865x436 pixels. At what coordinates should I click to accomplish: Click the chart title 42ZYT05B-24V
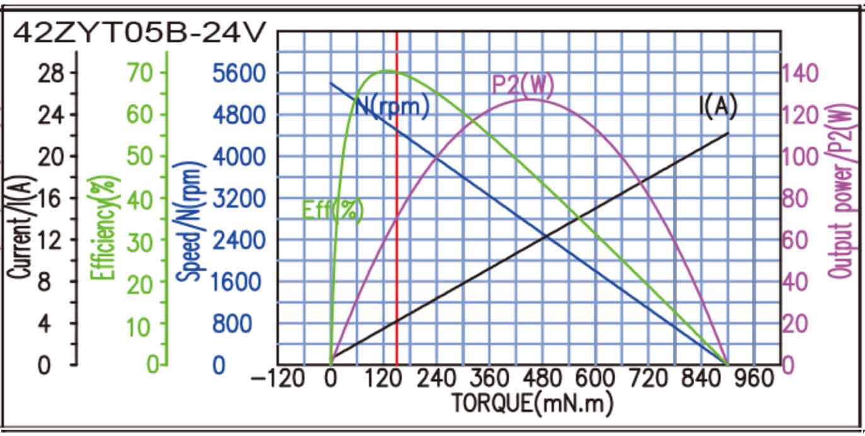click(137, 33)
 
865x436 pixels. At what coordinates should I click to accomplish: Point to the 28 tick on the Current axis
click(51, 73)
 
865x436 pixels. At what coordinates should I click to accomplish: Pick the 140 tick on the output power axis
click(801, 73)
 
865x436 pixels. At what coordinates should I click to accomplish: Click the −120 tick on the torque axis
click(278, 379)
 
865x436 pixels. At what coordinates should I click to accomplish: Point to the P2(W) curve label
click(522, 85)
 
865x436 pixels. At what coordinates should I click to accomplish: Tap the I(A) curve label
click(718, 106)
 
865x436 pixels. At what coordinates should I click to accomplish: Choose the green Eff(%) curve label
click(333, 210)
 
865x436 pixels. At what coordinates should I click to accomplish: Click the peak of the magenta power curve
click(530, 99)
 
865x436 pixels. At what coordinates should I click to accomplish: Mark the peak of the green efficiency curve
click(386, 71)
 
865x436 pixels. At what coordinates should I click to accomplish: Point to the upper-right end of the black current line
click(728, 133)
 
